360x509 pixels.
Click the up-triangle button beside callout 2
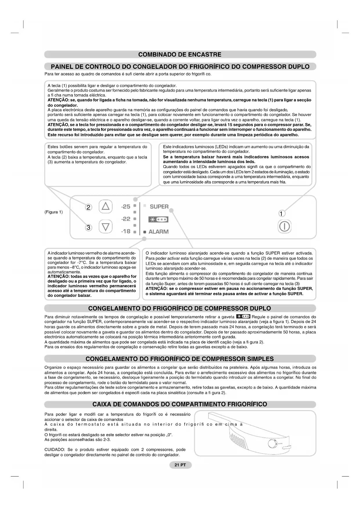tap(105, 206)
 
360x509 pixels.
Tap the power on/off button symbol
tap(284, 226)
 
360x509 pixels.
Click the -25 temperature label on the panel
tap(126, 207)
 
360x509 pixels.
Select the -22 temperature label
tap(126, 219)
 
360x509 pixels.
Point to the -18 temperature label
tap(126, 231)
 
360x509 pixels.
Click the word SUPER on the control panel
tap(159, 207)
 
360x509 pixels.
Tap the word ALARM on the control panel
tap(158, 232)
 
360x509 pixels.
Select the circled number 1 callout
tap(281, 214)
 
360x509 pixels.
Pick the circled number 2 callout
tap(88, 207)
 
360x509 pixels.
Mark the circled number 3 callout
tap(88, 228)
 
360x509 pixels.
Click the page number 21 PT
tap(180, 465)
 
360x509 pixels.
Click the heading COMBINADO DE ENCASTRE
tap(180, 55)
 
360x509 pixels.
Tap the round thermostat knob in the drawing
tap(272, 444)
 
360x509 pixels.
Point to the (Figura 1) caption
tap(53, 212)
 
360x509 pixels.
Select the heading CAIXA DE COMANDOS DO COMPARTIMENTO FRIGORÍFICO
tap(180, 404)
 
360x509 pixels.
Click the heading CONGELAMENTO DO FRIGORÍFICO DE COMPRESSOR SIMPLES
tap(180, 359)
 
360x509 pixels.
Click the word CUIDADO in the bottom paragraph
tap(54, 450)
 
